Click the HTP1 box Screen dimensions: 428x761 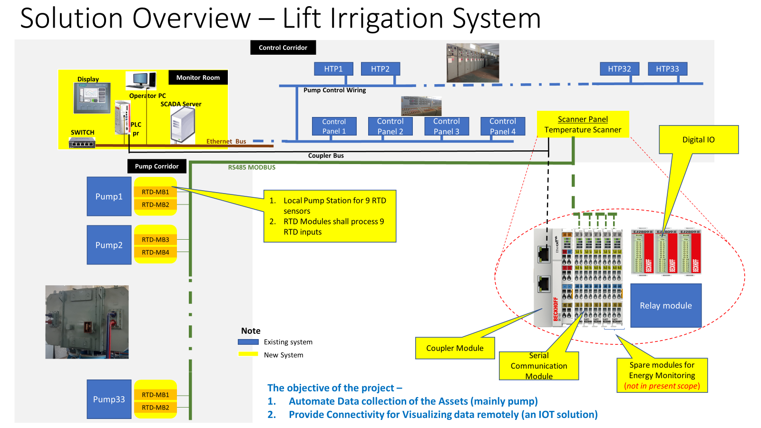coord(333,69)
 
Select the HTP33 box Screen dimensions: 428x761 coord(667,69)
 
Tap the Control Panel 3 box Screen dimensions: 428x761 coord(446,126)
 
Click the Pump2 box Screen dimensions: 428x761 coord(109,245)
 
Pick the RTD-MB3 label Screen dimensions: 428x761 coord(156,240)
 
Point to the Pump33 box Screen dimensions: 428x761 coord(109,399)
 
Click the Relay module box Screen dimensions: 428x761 coord(665,306)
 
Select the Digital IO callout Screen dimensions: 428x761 coord(698,140)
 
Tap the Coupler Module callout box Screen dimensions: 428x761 coord(455,348)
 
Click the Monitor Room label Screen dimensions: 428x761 coord(198,78)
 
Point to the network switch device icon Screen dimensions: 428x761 coord(82,142)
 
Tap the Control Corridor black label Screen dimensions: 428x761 coord(283,48)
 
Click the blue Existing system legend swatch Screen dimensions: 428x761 coord(248,342)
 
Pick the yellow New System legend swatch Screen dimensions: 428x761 coord(248,354)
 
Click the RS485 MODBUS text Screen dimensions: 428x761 coord(252,167)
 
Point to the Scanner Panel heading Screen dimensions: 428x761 coord(583,119)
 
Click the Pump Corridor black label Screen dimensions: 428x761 coord(156,166)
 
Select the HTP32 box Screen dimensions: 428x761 coord(619,69)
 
